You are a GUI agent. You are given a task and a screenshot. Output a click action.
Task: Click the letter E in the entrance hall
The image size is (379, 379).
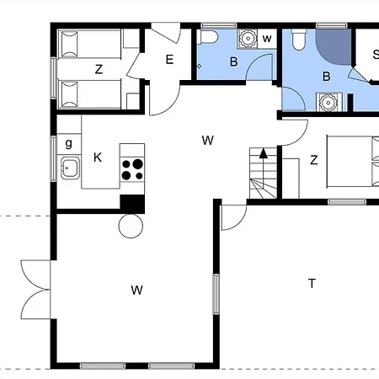[x=169, y=60]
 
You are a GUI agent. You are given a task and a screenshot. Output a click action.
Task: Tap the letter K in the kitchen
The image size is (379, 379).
[x=98, y=157]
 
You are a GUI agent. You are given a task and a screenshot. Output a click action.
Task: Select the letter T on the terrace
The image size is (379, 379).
[x=312, y=283]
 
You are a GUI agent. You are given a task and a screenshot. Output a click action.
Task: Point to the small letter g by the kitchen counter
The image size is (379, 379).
[x=68, y=143]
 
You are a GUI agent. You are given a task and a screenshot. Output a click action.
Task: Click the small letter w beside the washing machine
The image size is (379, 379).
[x=267, y=39]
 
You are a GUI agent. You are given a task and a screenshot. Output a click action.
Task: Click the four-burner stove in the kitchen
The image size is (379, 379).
[x=132, y=169]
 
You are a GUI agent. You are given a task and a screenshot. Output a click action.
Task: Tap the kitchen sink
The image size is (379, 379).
[x=70, y=168]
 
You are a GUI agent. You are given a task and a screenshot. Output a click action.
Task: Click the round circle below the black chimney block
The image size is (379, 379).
[x=131, y=226]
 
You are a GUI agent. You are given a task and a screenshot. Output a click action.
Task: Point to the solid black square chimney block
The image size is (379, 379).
[x=132, y=204]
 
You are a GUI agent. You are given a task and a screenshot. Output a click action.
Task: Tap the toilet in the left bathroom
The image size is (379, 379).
[x=207, y=37]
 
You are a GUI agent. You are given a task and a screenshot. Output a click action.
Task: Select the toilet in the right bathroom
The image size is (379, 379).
[x=299, y=40]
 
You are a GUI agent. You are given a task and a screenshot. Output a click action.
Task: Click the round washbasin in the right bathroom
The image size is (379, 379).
[x=328, y=102]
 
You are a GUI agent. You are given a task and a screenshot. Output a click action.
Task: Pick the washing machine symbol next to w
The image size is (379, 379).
[x=248, y=38]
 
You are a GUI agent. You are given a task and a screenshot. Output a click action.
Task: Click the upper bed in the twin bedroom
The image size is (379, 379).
[x=89, y=44]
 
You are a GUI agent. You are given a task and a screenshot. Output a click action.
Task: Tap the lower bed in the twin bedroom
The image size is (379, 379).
[x=89, y=94]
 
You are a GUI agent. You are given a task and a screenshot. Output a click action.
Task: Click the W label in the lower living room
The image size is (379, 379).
[x=136, y=290]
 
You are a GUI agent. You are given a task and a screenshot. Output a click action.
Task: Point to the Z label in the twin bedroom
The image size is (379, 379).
[x=99, y=69]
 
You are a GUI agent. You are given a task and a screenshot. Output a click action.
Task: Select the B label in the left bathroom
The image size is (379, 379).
[x=233, y=61]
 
